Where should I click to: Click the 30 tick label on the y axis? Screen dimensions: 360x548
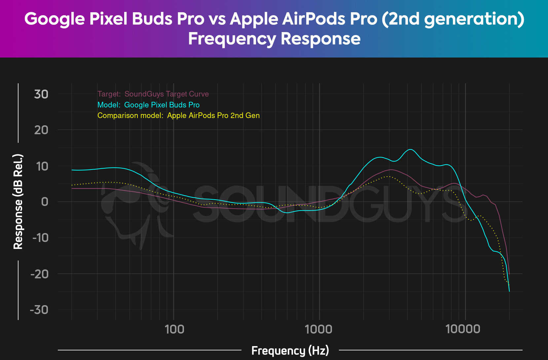point(41,94)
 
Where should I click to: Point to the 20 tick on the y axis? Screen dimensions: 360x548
point(41,130)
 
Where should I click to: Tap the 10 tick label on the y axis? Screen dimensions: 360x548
point(42,166)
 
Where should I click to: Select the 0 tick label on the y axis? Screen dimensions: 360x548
point(45,202)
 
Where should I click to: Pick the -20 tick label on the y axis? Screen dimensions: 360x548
point(39,274)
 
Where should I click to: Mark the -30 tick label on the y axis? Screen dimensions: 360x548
point(39,310)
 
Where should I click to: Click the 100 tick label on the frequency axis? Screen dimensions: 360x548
point(174,329)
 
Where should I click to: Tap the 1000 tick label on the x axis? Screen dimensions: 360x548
point(319,329)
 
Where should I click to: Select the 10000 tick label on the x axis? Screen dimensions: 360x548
point(463,329)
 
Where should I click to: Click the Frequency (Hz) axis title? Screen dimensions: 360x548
point(290,350)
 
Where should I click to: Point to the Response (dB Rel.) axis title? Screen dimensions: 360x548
point(18,202)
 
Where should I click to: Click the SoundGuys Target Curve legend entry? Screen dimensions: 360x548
point(153,94)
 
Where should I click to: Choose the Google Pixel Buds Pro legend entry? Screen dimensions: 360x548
point(148,105)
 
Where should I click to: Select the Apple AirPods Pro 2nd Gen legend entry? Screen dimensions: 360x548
point(178,116)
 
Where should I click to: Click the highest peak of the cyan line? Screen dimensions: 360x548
point(410,149)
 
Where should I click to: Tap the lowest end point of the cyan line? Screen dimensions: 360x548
point(509,291)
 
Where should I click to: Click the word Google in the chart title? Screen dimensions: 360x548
point(55,19)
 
